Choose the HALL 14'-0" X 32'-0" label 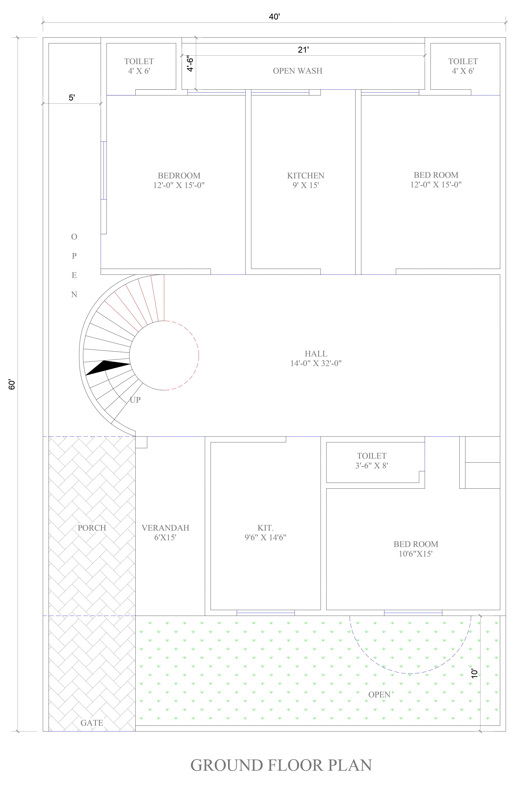click(316, 358)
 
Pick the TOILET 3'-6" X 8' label click(372, 460)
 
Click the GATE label click(92, 723)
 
